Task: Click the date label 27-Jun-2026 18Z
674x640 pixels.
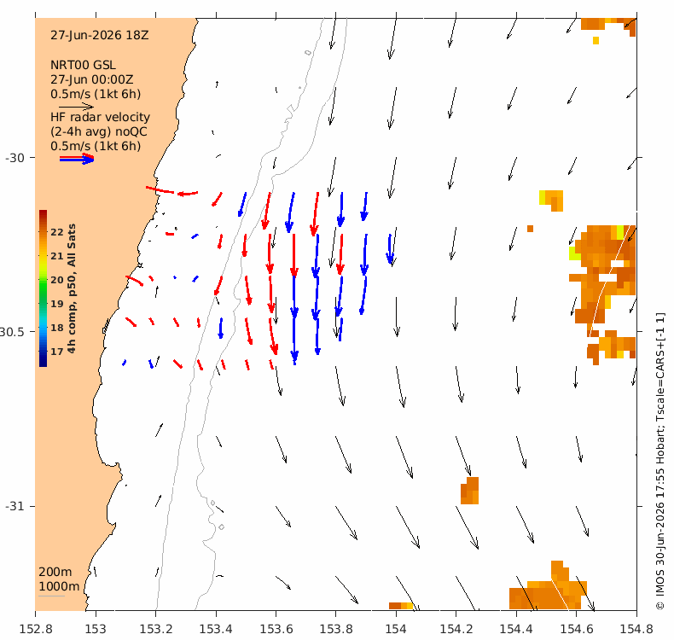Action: pos(99,35)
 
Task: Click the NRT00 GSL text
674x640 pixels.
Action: pos(83,66)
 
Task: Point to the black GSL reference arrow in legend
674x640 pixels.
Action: pos(77,106)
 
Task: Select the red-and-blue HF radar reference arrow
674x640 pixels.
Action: pos(77,159)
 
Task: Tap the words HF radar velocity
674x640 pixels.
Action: pos(100,118)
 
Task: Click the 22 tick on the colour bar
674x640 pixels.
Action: pos(57,232)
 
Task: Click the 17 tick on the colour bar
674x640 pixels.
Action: pos(57,352)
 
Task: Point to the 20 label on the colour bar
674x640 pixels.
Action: pos(57,280)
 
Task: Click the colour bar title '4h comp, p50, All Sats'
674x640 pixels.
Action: pos(72,288)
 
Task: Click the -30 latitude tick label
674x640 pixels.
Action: pos(15,158)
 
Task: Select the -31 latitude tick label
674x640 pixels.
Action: pos(15,506)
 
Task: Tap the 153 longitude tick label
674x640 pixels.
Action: pos(96,629)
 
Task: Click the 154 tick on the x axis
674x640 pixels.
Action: pos(396,629)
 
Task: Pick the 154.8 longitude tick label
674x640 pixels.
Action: pos(636,629)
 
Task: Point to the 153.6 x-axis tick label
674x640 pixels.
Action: pos(276,629)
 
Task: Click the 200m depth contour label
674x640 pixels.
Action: pos(55,572)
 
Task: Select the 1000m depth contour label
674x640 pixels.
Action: pos(59,587)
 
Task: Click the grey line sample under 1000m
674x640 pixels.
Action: pos(51,596)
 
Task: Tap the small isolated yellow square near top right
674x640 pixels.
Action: pos(596,40)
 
